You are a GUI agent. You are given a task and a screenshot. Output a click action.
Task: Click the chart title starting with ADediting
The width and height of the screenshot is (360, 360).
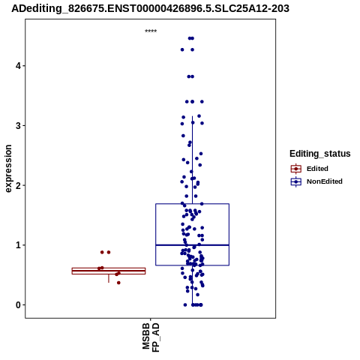pos(150,8)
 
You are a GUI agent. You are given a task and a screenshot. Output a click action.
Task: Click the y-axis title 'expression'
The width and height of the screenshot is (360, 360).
pos(8,169)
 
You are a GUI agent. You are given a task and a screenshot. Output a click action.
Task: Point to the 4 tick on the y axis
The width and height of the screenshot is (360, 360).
pos(18,66)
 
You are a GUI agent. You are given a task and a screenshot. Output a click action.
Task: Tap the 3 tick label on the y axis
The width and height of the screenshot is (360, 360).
pos(18,125)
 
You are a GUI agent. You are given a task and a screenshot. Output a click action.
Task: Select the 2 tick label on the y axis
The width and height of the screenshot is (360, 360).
pos(18,185)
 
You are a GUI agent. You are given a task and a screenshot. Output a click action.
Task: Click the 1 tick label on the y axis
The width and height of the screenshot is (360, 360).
pos(18,245)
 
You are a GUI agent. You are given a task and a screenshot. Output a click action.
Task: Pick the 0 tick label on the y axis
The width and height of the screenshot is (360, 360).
pos(18,304)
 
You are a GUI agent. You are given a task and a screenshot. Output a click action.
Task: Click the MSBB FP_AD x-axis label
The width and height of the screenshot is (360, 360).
pos(151,337)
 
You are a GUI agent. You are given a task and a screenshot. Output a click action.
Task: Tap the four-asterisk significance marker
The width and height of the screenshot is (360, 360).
pos(151,31)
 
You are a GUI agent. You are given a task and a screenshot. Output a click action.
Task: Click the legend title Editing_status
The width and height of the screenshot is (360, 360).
pos(320,154)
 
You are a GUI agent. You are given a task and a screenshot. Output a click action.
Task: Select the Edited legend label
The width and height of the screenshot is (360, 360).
pos(317,169)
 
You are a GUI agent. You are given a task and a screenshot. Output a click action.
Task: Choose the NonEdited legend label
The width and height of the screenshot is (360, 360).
pos(325,181)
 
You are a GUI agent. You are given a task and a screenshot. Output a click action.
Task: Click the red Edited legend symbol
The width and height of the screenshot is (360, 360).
pos(296,169)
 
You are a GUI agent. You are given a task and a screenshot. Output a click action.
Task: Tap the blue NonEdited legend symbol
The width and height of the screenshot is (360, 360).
pos(296,181)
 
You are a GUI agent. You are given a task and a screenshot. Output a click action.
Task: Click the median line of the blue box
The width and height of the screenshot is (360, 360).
pos(192,245)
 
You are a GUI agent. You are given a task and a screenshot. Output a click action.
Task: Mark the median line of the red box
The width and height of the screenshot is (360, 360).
pos(109,271)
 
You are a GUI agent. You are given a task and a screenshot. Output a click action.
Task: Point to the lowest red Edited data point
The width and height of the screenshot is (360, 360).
pos(118,283)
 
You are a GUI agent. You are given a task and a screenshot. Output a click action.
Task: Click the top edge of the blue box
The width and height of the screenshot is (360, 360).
pos(192,204)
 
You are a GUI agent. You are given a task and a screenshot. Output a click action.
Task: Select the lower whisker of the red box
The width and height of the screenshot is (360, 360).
pos(109,278)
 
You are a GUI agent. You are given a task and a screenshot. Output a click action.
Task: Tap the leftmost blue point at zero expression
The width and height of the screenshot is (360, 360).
pos(185,304)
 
